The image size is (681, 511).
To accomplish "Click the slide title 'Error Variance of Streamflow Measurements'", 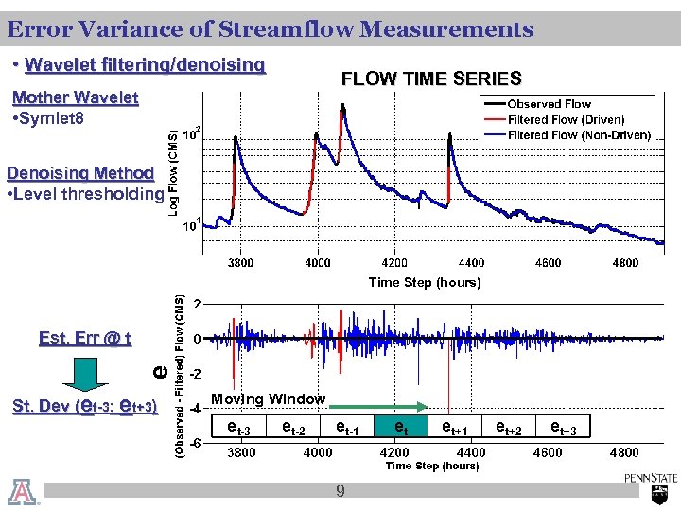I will (270, 30).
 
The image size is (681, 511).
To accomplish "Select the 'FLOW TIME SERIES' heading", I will (430, 79).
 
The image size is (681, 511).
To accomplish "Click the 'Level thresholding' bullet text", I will (85, 195).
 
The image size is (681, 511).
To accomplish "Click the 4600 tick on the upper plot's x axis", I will (549, 263).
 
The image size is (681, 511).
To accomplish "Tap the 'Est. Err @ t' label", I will (85, 339).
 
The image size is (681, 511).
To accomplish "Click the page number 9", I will (340, 491).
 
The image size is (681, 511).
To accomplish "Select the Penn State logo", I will (650, 485).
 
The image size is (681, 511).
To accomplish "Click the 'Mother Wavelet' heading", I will (74, 98).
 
